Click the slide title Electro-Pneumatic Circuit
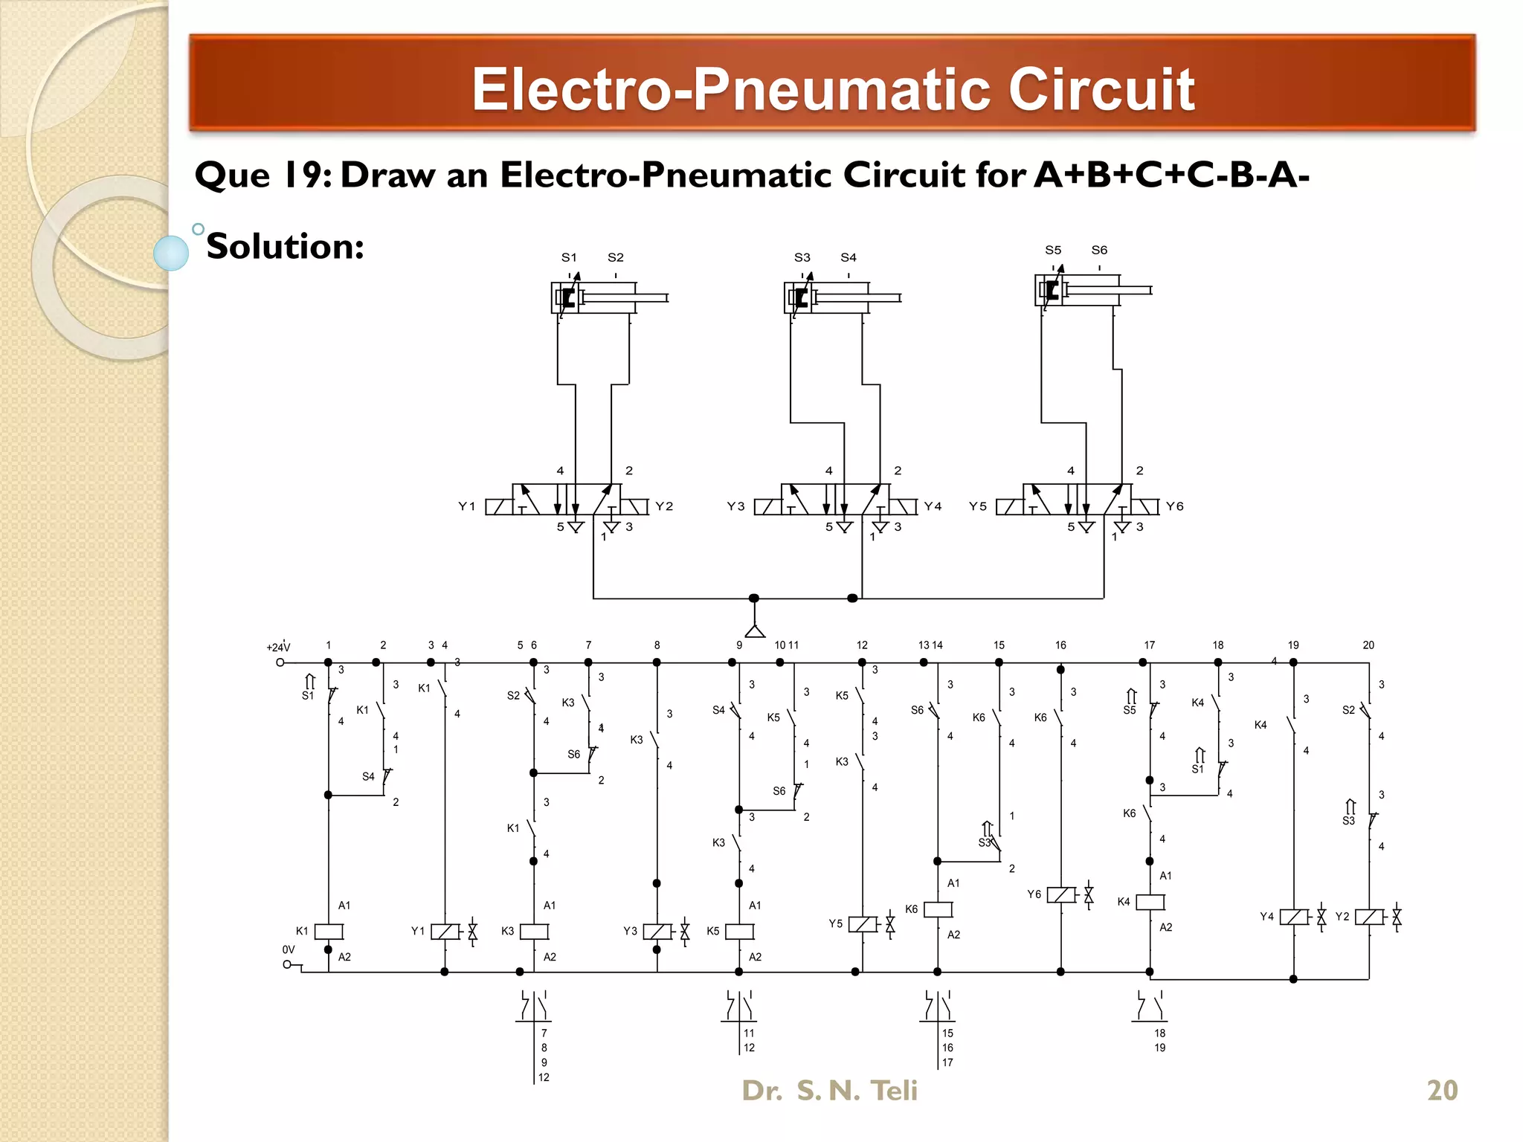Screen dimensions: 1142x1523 point(833,89)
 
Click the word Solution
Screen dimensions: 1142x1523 point(285,246)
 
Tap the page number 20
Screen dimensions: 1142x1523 point(1442,1090)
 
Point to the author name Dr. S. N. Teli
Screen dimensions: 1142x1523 point(829,1090)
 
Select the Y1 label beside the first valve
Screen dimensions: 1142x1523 point(466,506)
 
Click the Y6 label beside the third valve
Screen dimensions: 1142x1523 point(1174,506)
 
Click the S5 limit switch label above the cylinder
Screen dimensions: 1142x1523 point(1052,250)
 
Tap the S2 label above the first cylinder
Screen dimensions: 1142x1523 point(615,257)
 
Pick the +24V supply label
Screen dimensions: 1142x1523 point(278,648)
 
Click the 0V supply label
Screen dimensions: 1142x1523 point(289,949)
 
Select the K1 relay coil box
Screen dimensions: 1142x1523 point(329,932)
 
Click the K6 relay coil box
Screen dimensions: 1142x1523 point(938,909)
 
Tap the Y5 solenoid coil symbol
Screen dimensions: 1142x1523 point(863,924)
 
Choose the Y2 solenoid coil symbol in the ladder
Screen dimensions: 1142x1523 point(1369,917)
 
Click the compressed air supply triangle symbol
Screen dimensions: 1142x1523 point(755,631)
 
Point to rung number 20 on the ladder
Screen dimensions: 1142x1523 point(1368,645)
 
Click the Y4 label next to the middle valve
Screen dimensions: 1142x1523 point(933,506)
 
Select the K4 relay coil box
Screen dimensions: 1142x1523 point(1150,902)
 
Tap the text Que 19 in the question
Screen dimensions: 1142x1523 point(263,175)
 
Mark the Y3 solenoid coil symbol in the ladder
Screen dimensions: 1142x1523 point(657,932)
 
